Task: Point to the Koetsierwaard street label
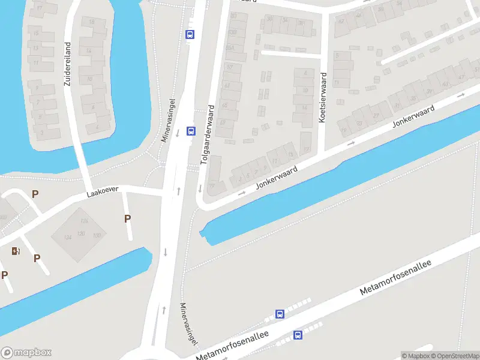click(x=322, y=97)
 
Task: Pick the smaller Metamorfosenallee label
click(x=233, y=346)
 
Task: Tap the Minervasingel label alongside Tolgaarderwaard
click(x=167, y=120)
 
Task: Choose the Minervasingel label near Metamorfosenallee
click(x=188, y=325)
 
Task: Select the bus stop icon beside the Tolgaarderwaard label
click(x=191, y=131)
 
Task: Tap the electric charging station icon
click(x=15, y=251)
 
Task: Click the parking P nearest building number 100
click(x=127, y=219)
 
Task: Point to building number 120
click(x=82, y=234)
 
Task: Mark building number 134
click(x=68, y=238)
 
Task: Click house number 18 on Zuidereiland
click(x=91, y=22)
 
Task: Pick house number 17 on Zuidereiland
click(x=39, y=8)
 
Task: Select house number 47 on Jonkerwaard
click(x=461, y=77)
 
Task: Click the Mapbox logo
click(x=26, y=353)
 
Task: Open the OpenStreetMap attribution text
click(x=454, y=356)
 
